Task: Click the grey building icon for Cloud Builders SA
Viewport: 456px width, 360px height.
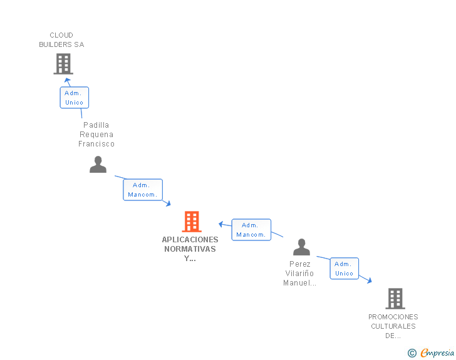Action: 63,64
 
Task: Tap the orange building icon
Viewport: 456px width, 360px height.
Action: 192,222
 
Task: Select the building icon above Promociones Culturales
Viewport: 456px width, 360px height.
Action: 395,299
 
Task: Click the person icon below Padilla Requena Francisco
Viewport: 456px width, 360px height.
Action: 98,165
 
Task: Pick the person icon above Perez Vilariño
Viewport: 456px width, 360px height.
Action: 301,247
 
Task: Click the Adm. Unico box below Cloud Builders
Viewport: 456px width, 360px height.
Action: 75,98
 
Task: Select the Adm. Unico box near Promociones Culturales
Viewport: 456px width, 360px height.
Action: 345,269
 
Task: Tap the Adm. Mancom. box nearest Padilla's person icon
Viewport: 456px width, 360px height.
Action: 143,190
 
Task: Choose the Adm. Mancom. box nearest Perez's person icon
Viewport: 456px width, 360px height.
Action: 251,230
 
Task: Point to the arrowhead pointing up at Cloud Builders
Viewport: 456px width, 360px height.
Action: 68,80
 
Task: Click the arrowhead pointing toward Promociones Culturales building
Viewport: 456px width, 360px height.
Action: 370,280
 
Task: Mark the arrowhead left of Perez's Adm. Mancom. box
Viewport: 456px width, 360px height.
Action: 221,224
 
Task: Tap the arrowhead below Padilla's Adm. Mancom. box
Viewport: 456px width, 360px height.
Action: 168,203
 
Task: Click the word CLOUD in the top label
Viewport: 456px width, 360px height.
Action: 61,35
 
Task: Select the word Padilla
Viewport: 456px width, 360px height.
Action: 96,125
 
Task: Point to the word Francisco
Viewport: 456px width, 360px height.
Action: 96,144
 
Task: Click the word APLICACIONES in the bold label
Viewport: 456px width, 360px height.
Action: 190,240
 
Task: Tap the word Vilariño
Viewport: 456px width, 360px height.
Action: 299,274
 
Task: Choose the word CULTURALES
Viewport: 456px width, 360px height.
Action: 393,326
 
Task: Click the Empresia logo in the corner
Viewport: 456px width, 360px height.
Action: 431,352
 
